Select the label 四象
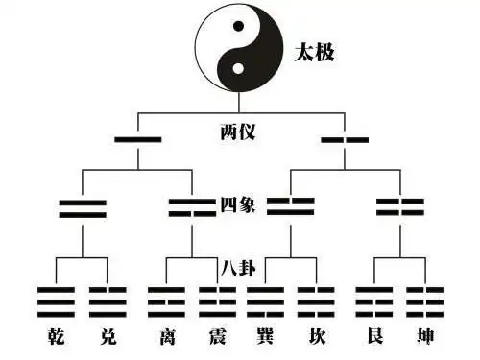[236, 205]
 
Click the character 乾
[56, 337]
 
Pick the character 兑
[108, 337]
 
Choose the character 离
[167, 337]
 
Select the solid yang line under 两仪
[137, 140]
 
